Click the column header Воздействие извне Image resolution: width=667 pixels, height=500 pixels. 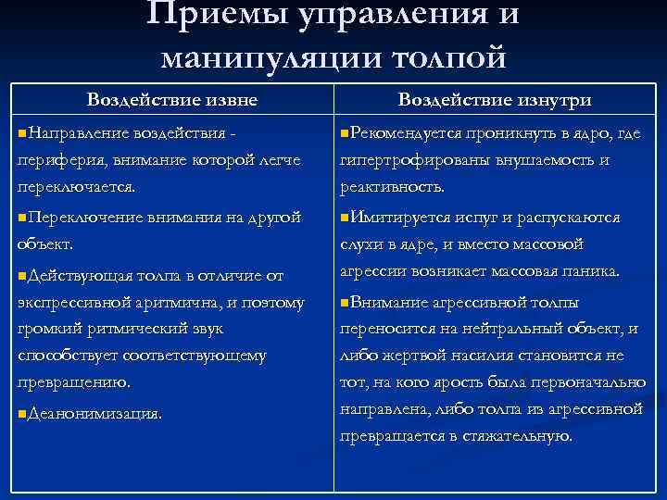(171, 99)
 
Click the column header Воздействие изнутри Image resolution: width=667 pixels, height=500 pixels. (495, 99)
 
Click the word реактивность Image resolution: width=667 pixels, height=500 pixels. (392, 186)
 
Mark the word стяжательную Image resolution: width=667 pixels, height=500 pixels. (522, 434)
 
